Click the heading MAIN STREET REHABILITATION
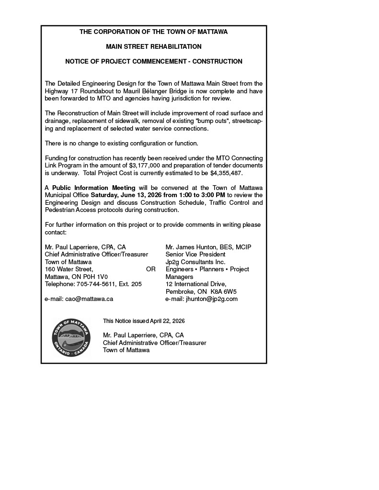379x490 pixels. (154, 47)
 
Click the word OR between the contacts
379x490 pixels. (151, 269)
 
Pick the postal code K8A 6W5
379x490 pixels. (224, 291)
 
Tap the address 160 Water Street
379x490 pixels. (69, 269)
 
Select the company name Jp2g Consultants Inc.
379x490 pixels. (195, 262)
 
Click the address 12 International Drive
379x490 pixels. (193, 284)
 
